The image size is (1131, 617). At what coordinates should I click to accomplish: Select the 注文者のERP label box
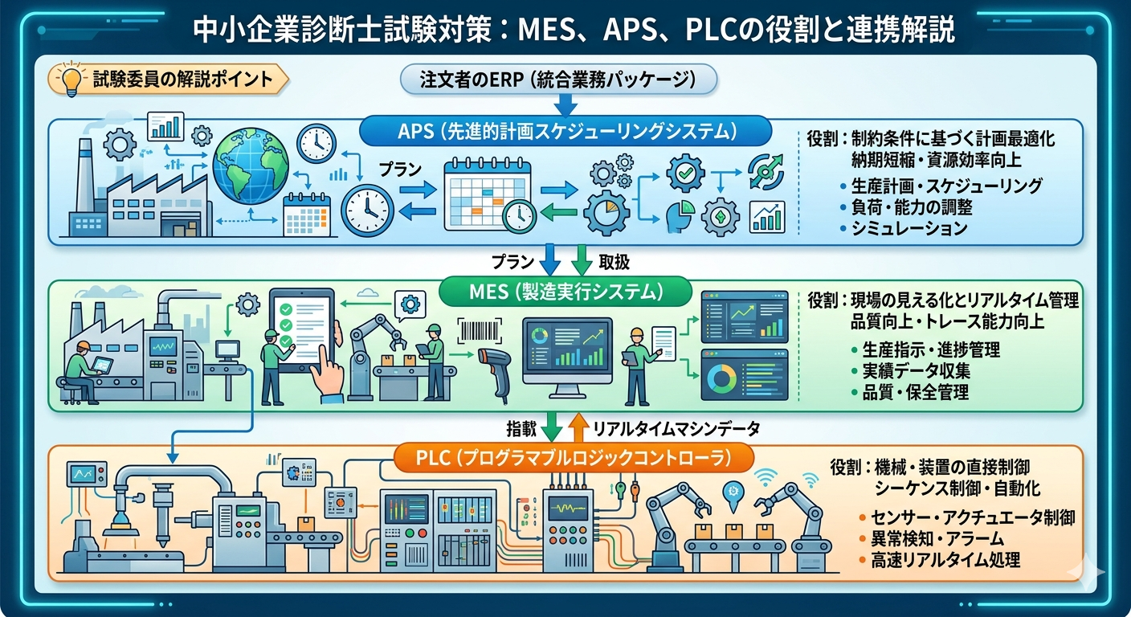[x=557, y=80]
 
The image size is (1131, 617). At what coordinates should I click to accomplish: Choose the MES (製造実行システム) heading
[x=565, y=292]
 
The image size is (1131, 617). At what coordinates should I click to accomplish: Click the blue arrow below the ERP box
[x=565, y=104]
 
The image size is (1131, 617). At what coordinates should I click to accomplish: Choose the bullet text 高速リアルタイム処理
[x=945, y=560]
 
